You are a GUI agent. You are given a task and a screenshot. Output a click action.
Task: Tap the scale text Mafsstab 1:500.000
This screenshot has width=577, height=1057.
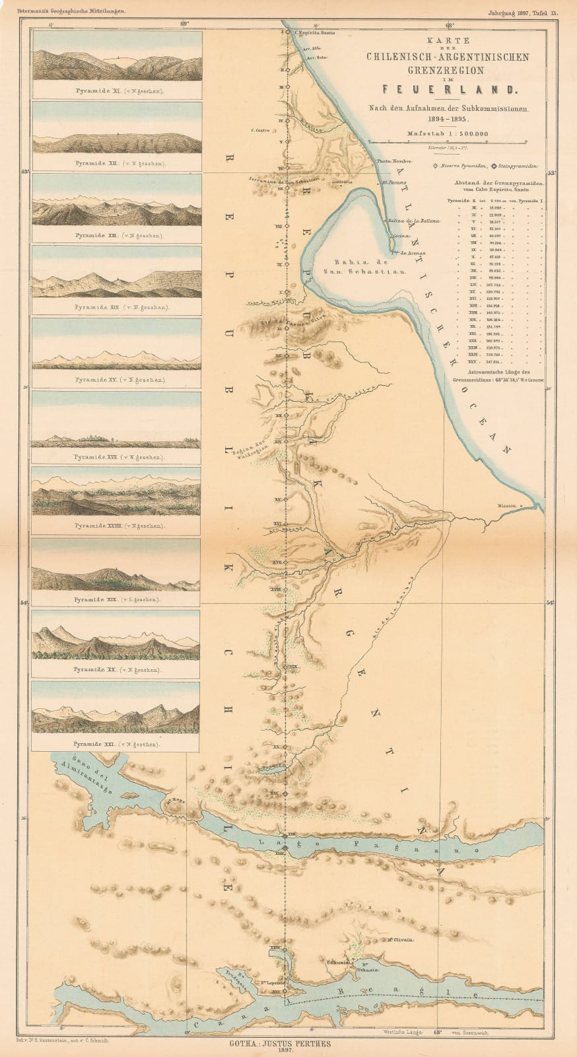click(448, 133)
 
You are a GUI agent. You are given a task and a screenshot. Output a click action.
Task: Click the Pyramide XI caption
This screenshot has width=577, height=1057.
click(116, 91)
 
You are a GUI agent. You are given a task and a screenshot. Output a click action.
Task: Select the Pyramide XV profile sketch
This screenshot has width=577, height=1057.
click(116, 350)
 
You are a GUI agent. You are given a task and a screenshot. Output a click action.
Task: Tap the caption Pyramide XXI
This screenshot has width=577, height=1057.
click(116, 744)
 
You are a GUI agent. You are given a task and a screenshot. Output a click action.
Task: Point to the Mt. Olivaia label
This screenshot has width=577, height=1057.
click(400, 940)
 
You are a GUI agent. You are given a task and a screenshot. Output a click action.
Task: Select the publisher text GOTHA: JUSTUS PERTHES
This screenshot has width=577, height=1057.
click(288, 1044)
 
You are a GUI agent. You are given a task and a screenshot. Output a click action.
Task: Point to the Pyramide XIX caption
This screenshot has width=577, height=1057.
click(116, 600)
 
